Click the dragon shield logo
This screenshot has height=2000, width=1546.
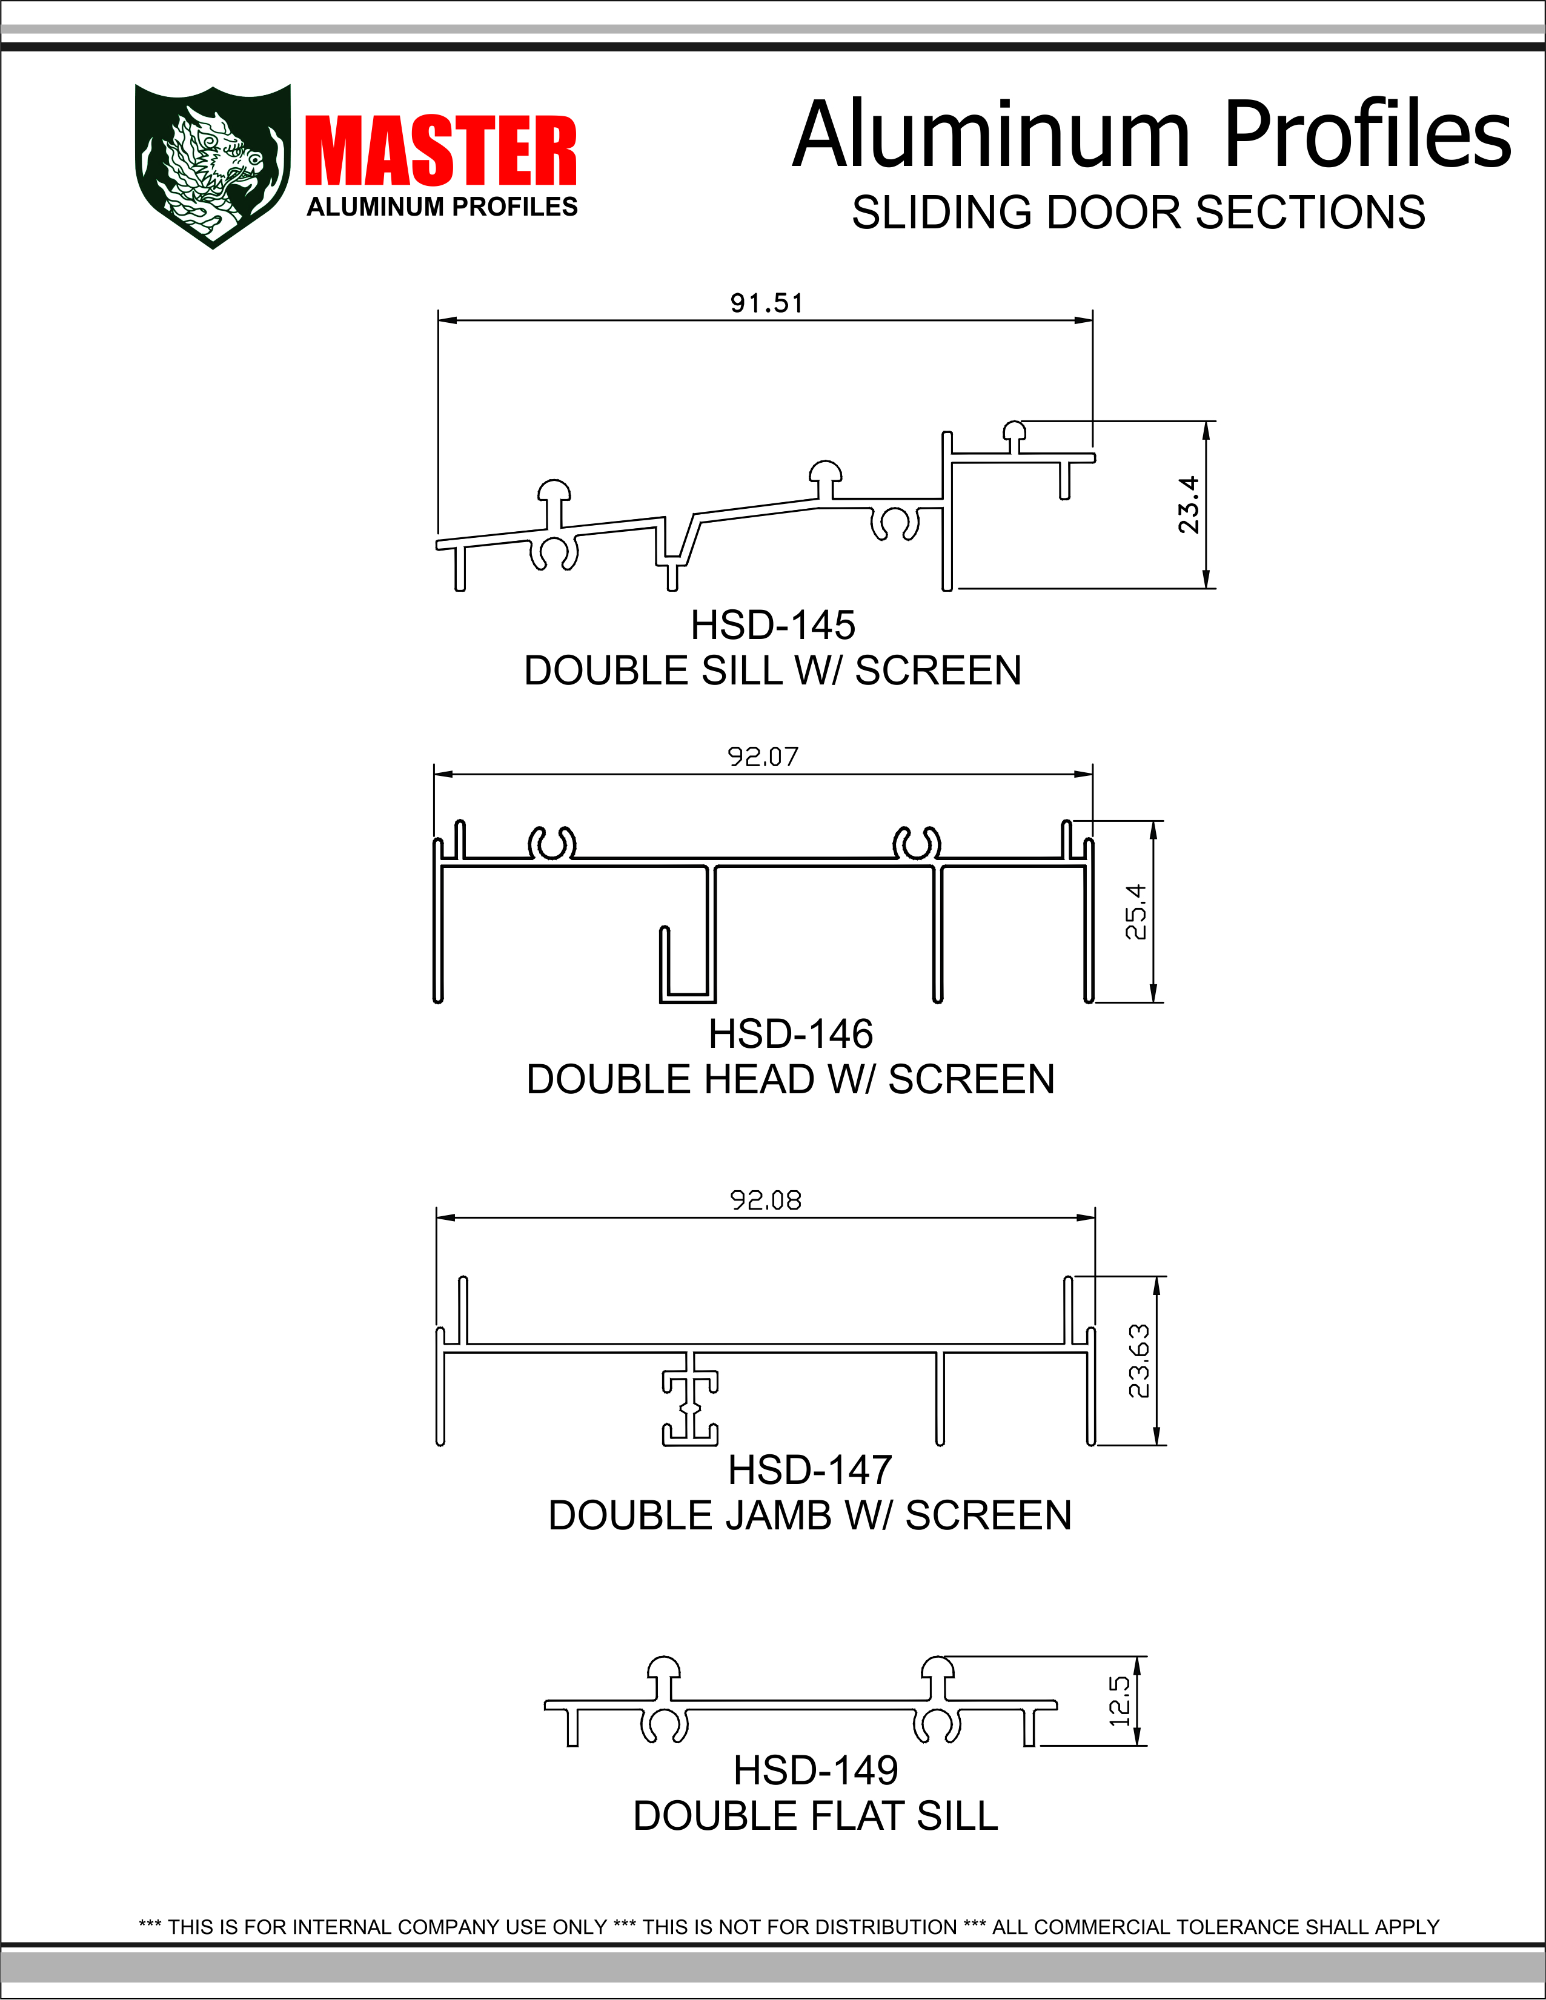213,166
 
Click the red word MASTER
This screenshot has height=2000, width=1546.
440,151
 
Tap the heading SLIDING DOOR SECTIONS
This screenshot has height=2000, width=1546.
1138,213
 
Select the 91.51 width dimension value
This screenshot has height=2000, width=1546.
766,303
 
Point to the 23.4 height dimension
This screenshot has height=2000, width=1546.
1188,505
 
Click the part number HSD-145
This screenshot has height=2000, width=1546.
772,626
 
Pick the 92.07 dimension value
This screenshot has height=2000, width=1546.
762,757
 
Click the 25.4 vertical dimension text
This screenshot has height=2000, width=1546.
1136,911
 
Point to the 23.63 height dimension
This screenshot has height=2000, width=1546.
1138,1361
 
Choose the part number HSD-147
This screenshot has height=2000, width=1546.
809,1470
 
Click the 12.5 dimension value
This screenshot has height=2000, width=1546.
1119,1701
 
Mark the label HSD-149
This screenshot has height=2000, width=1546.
815,1770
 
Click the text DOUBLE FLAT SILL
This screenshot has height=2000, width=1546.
815,1816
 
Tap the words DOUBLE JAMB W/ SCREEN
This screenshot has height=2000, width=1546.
809,1515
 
